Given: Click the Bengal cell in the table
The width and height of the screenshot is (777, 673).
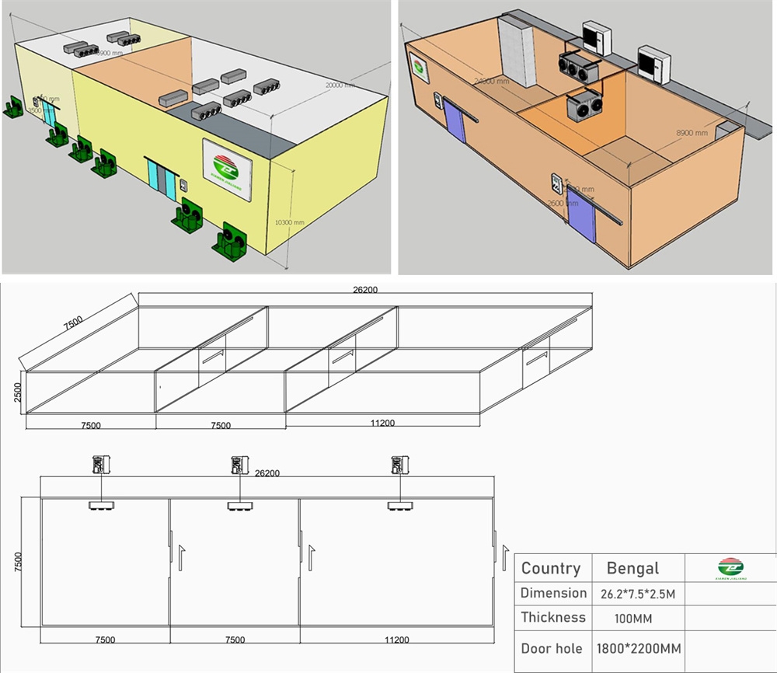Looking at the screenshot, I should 632,568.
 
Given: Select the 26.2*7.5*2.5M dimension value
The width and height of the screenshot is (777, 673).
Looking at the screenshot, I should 638,593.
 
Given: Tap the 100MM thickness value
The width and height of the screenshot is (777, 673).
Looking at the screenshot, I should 618,619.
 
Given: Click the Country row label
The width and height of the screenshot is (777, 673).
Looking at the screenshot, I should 551,568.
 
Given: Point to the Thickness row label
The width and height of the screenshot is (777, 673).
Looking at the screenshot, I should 553,618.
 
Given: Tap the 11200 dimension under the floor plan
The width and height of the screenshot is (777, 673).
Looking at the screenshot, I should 397,640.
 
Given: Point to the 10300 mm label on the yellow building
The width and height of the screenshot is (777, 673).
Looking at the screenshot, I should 290,222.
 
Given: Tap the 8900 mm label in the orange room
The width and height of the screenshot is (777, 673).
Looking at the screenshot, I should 690,134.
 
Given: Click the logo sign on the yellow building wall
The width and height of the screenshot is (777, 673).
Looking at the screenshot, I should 226,164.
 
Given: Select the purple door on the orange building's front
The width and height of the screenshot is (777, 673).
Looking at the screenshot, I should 582,213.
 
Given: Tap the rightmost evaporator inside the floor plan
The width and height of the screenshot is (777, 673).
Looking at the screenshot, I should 400,507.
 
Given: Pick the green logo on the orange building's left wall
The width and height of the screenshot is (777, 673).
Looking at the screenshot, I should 420,68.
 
